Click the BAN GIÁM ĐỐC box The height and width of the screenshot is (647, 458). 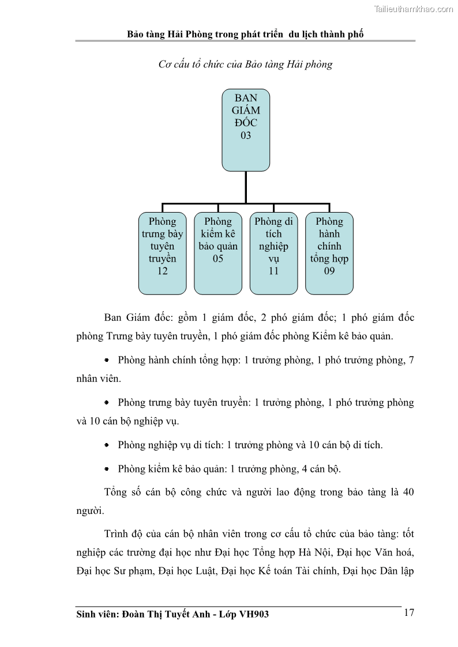[x=246, y=130]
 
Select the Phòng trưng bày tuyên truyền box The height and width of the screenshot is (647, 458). [x=162, y=252]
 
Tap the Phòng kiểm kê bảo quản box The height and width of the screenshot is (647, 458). [x=218, y=252]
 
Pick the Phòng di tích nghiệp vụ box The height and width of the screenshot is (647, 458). [x=273, y=252]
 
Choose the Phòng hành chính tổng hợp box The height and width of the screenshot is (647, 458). [x=329, y=252]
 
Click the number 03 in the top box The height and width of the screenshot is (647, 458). [x=246, y=136]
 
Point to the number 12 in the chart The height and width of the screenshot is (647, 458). [x=162, y=271]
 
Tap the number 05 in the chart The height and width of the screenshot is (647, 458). [x=218, y=259]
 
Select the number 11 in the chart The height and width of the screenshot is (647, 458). [x=273, y=271]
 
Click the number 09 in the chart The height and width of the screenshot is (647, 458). [x=329, y=271]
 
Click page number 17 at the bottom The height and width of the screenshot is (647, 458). [x=409, y=612]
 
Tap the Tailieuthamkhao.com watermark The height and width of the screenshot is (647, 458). [x=414, y=9]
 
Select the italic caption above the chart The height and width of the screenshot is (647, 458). [x=245, y=65]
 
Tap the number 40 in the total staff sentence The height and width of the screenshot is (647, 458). [x=408, y=493]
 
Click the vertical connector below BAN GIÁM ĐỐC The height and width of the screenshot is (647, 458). [x=246, y=187]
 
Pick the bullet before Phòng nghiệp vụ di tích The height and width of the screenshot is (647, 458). [x=107, y=445]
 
